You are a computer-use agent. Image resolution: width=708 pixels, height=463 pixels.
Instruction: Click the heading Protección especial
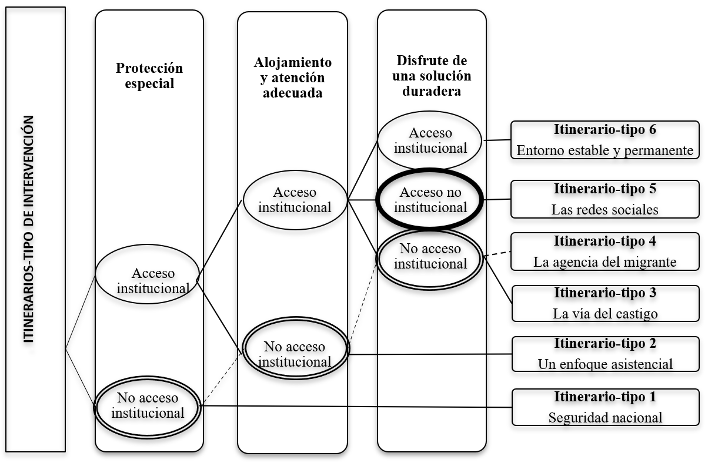click(149, 75)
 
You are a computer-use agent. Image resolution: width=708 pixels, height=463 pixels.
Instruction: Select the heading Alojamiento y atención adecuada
click(292, 77)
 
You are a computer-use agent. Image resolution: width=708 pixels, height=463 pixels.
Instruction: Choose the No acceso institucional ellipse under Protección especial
click(148, 405)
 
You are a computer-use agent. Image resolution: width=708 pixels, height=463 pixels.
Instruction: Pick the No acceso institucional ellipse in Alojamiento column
click(295, 354)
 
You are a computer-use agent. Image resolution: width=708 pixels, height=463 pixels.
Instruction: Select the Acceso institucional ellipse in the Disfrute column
click(430, 140)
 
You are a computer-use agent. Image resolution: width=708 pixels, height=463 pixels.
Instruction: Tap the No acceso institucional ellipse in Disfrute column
click(430, 257)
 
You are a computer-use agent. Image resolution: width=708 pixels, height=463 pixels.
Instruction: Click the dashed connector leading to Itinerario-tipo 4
click(497, 253)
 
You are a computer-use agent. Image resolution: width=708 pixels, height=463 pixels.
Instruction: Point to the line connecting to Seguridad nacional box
click(353, 406)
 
